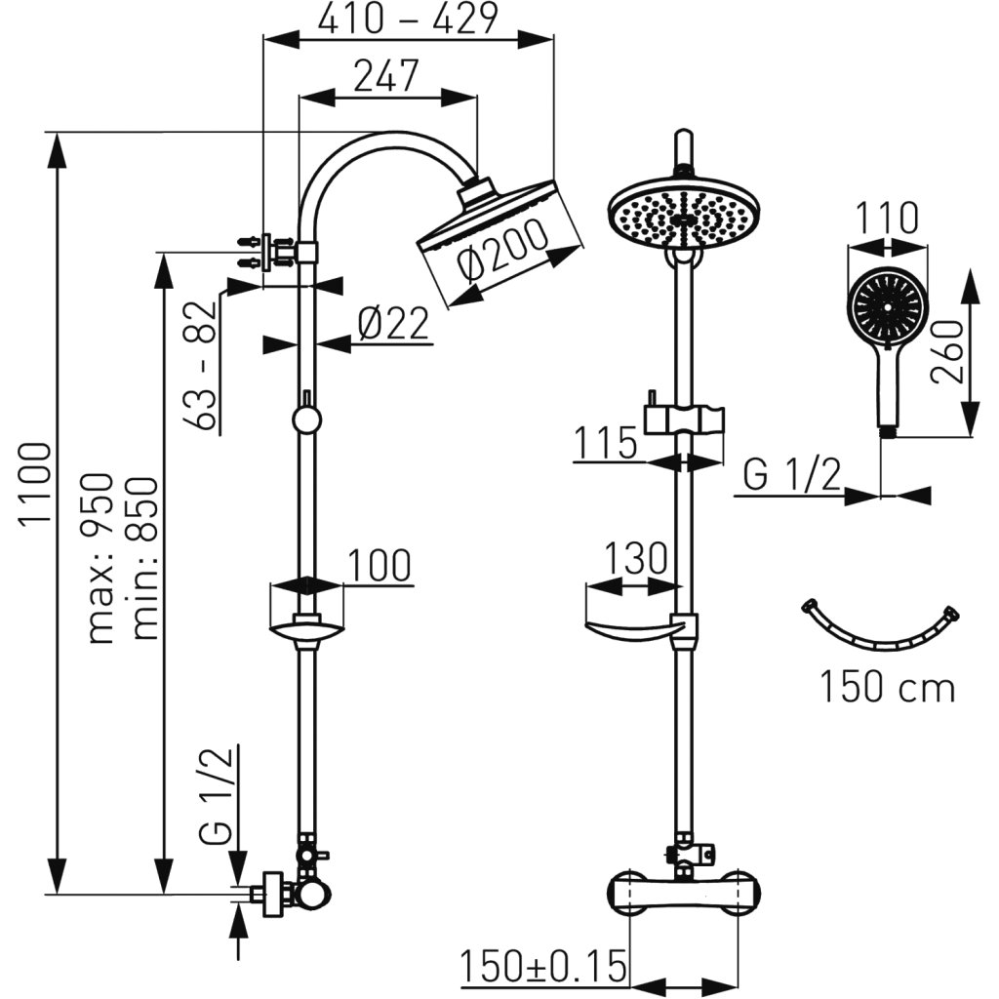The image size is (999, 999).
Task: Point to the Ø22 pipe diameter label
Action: pos(393,323)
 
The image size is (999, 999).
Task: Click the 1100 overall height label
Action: pos(37,484)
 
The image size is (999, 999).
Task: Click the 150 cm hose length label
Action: pos(886,688)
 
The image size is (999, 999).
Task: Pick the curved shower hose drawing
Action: pos(882,629)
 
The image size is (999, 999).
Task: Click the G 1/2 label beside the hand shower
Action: pos(791,476)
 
